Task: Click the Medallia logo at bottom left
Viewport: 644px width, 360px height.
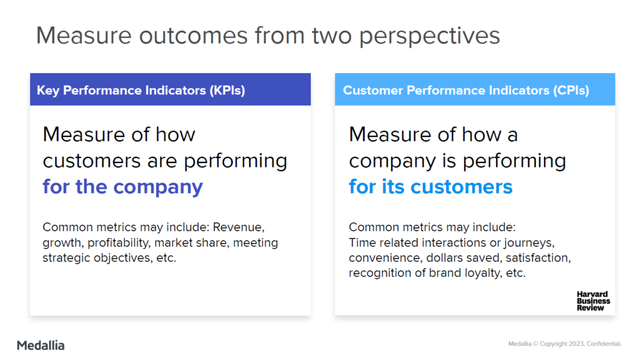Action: [x=41, y=345]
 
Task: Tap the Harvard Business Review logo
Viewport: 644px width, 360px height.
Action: [x=593, y=301]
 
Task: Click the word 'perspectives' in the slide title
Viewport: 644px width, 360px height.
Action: [x=430, y=36]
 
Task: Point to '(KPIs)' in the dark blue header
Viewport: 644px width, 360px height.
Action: [x=227, y=91]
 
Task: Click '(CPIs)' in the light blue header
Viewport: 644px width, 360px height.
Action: [x=571, y=91]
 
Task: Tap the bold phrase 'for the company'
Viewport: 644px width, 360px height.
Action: [x=123, y=187]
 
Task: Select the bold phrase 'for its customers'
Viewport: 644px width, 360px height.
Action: [x=430, y=187]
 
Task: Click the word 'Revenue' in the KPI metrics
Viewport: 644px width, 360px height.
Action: [x=238, y=227]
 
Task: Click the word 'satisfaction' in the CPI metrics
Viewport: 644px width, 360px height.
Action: [x=538, y=258]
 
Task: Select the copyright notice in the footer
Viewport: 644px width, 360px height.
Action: [x=565, y=344]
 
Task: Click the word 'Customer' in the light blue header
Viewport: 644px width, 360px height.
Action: [x=373, y=91]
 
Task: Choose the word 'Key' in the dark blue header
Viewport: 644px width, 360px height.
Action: [x=48, y=91]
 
